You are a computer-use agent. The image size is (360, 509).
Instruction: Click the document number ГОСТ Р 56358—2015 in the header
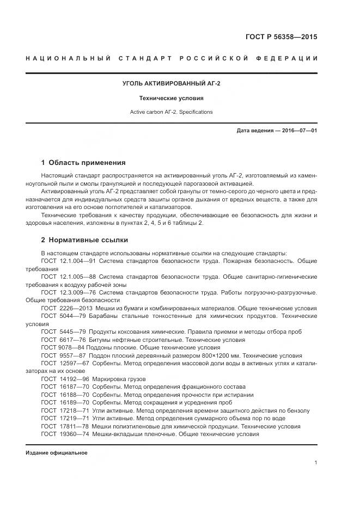282,37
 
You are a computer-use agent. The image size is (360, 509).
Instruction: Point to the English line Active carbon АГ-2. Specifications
171,112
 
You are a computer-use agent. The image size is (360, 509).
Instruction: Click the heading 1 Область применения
83,162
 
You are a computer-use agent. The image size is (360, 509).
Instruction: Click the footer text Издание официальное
57,452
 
